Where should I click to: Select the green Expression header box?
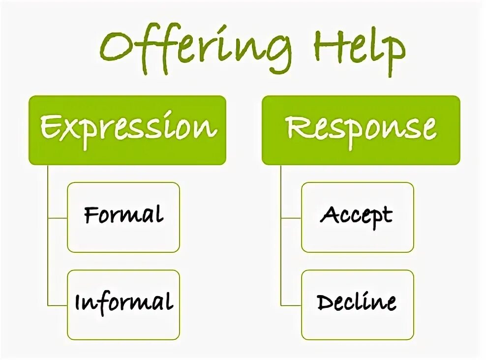127,130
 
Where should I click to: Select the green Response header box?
361,130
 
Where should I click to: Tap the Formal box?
123,217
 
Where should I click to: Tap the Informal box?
123,304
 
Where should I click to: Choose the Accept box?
358,217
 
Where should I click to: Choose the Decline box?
358,304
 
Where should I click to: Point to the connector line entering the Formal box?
58,217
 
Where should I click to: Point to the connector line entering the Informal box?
58,305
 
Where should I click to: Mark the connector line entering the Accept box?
291,217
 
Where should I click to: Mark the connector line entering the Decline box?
291,305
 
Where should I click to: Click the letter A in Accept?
329,214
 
